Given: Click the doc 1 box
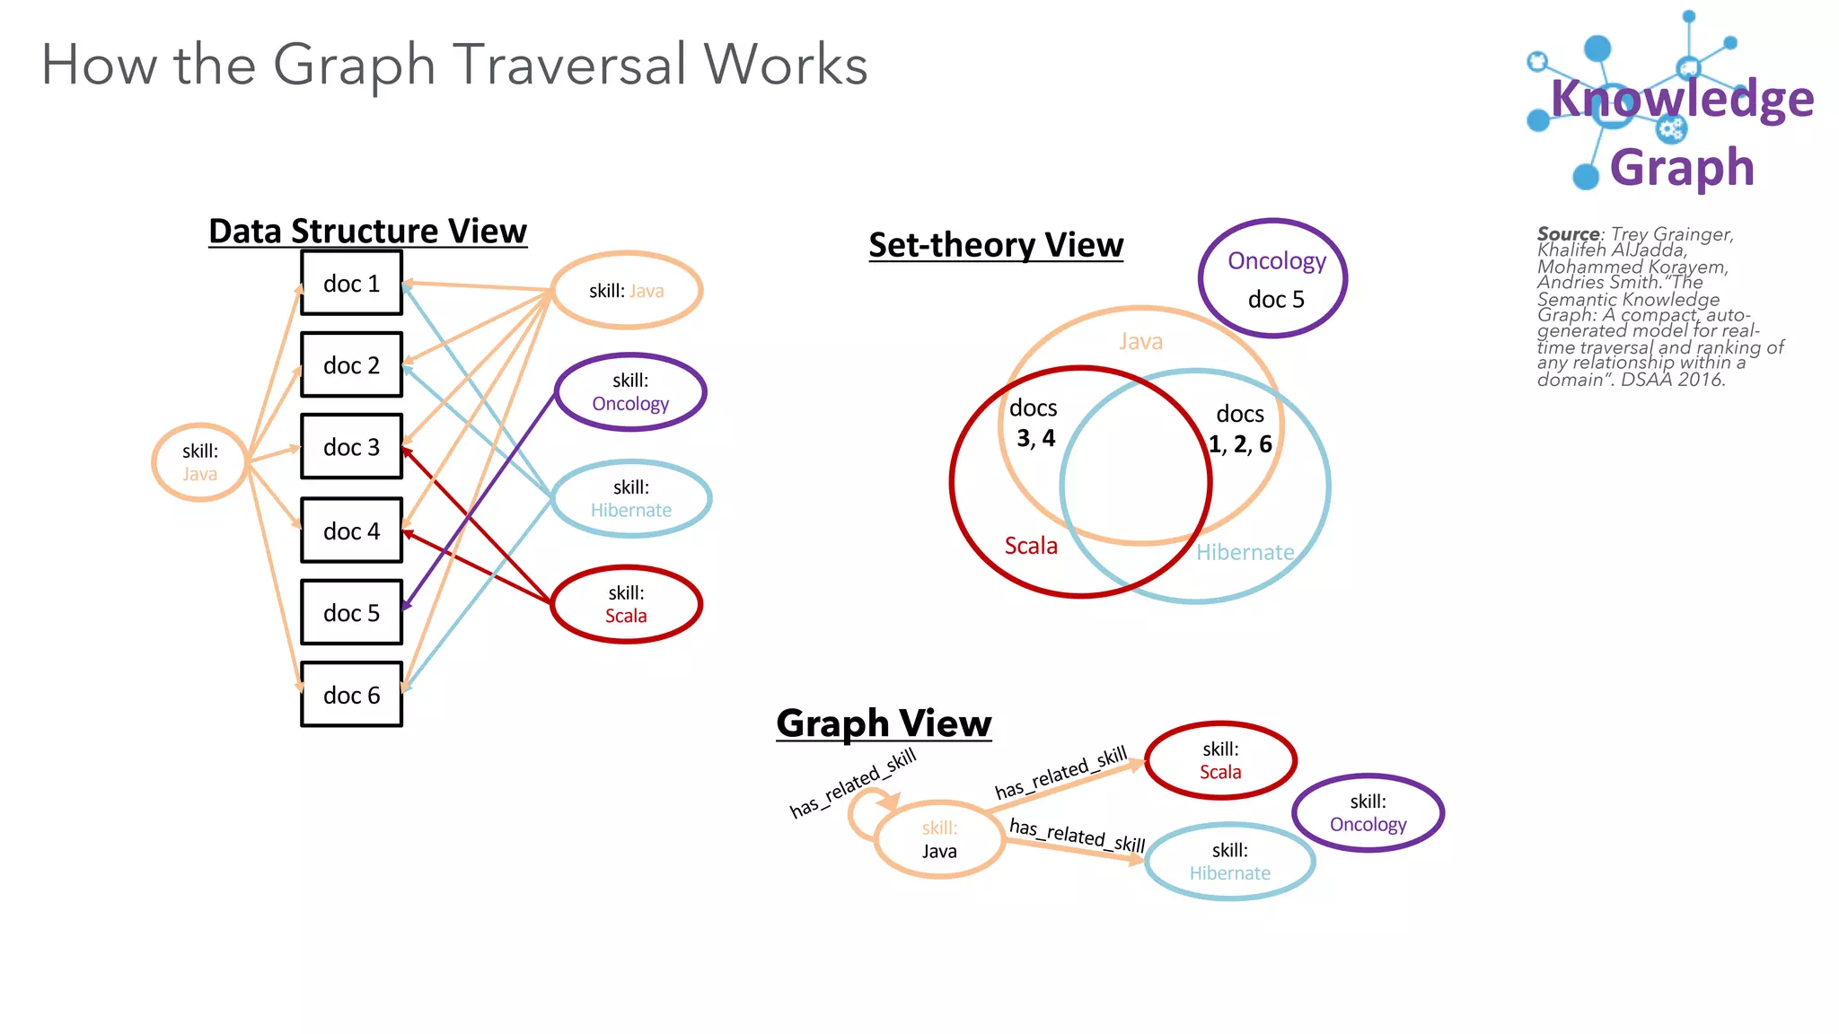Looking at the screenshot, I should coord(351,284).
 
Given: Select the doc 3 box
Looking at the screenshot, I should coord(351,447).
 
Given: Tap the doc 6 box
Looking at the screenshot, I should coord(351,695).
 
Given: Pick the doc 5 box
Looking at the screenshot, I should coord(351,613).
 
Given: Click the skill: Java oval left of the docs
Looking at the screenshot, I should coord(199,462).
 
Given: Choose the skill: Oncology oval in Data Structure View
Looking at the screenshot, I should coord(630,392).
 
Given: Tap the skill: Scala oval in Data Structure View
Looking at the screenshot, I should coord(626,604).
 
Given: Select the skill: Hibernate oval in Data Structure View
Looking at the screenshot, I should coord(630,499).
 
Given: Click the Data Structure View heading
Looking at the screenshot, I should coord(367,232).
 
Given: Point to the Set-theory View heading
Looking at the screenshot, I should coord(996,245).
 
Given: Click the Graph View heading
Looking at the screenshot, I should coord(884,723).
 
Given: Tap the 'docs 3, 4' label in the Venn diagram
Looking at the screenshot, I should coord(1034,423).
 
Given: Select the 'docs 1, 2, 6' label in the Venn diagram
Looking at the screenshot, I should coord(1240,429).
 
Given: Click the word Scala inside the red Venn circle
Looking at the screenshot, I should coord(1031,546).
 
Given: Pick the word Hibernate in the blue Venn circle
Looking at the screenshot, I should coord(1245,552).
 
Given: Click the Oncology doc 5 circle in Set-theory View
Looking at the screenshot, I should coord(1273,278).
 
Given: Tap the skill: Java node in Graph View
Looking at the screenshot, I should coord(939,839).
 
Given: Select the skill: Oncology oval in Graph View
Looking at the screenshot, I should coord(1368,813).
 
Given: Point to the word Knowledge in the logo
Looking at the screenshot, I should coord(1681,98).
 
